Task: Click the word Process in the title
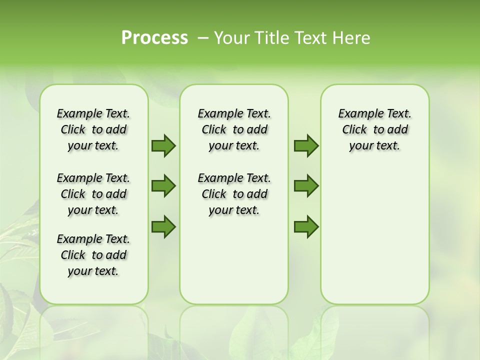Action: pos(154,38)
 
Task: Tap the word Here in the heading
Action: pos(352,38)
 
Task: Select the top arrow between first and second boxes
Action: pos(163,145)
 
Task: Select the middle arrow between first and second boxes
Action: pos(163,186)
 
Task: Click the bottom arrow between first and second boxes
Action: pos(163,227)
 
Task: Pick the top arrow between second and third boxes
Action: pos(306,145)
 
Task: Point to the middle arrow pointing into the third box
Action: pos(306,186)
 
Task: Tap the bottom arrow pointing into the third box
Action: pos(306,227)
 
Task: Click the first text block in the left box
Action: pos(93,129)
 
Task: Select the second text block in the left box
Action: pos(93,194)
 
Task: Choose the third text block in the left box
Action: pos(93,255)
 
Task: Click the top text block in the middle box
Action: pos(234,129)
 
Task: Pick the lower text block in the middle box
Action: pos(234,194)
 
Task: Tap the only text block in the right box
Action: pos(374,129)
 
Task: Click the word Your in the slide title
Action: pos(231,38)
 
